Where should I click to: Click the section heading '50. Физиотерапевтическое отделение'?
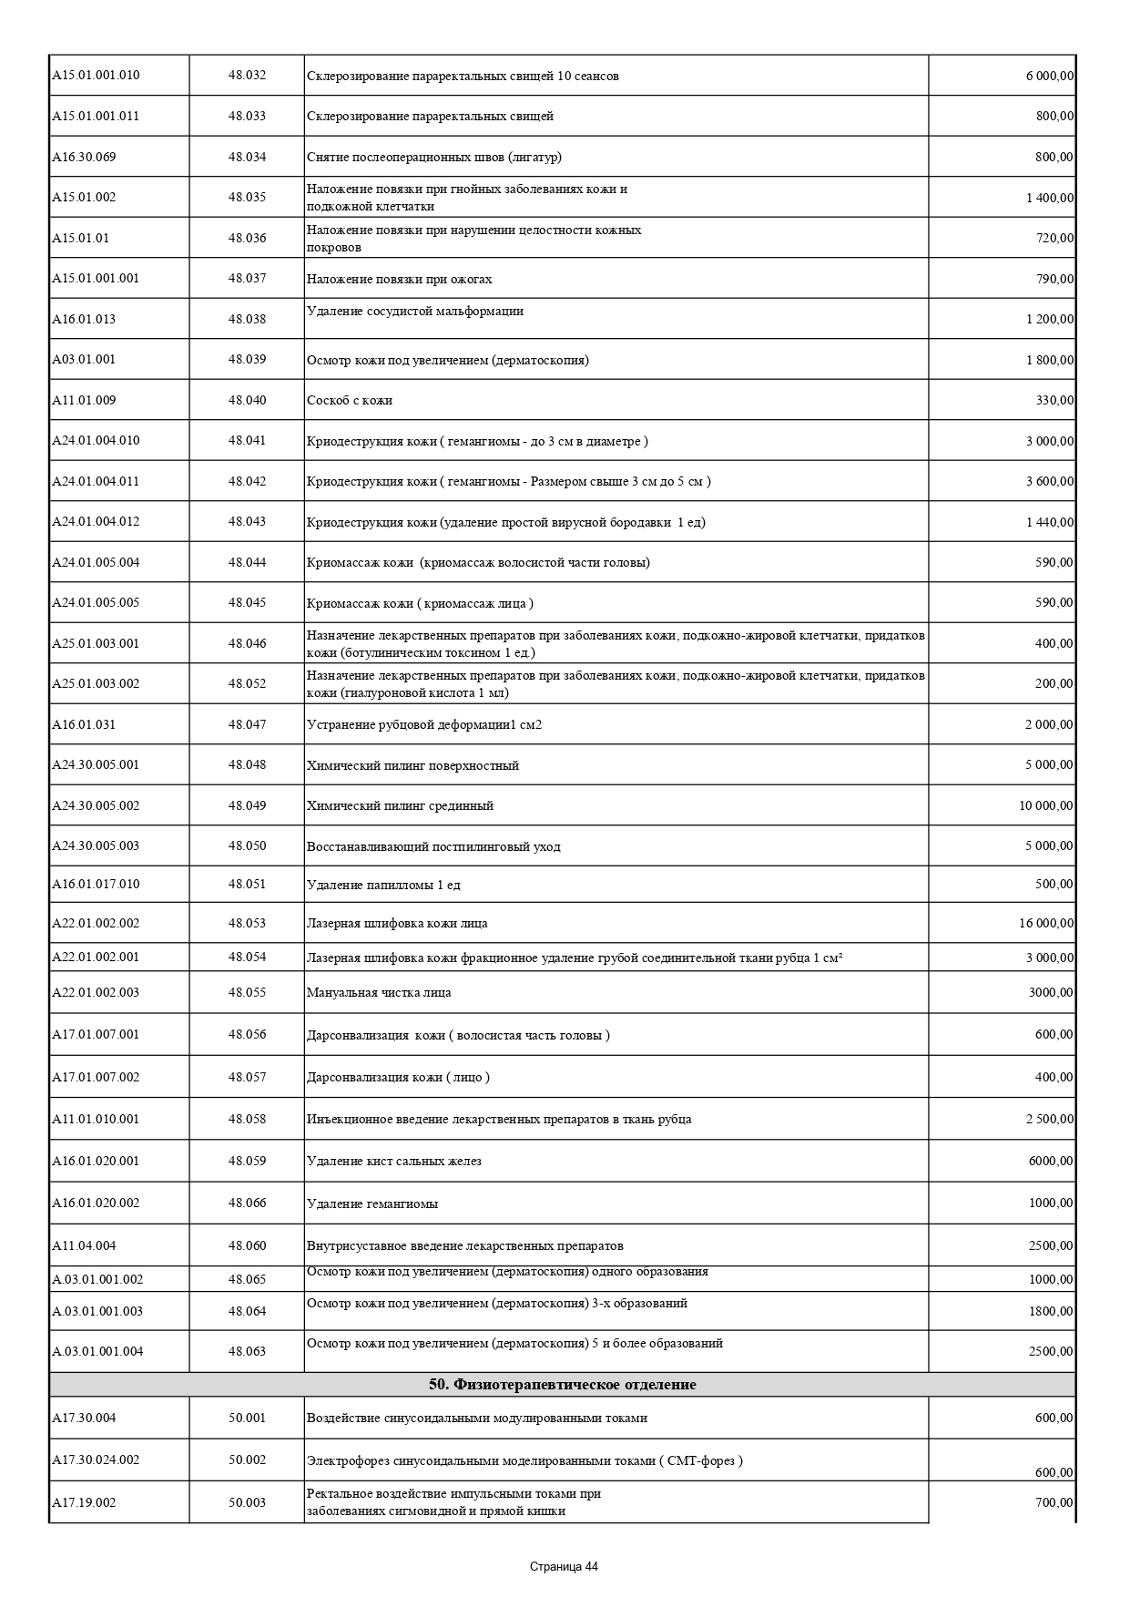click(562, 1385)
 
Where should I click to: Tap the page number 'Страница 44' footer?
click(564, 1567)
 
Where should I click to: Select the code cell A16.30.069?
click(84, 157)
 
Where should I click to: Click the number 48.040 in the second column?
click(247, 400)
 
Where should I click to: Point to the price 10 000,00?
click(1046, 805)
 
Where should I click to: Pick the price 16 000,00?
click(1046, 923)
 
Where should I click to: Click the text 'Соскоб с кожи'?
click(350, 401)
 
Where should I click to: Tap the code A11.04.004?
click(84, 1245)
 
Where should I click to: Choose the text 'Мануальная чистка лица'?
click(379, 992)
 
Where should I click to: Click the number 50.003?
click(247, 1502)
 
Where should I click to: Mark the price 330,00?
click(1054, 400)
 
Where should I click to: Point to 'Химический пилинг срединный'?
click(400, 805)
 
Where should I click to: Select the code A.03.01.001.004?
click(97, 1351)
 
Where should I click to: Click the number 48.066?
click(247, 1203)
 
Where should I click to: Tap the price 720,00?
click(1054, 238)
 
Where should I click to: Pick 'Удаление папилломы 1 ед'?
click(383, 885)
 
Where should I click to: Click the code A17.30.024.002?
click(96, 1460)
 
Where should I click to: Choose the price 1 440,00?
click(1050, 522)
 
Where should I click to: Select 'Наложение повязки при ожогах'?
click(399, 279)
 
